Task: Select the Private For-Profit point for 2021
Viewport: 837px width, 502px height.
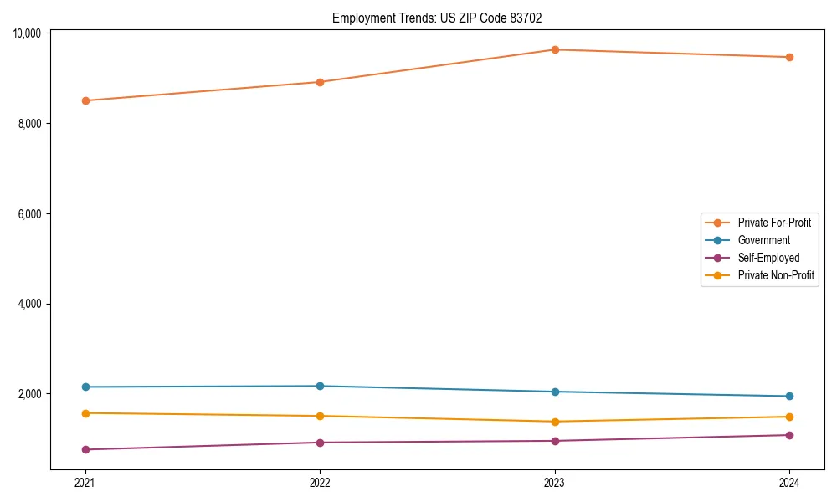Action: click(x=85, y=100)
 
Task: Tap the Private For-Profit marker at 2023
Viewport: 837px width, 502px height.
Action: click(x=554, y=49)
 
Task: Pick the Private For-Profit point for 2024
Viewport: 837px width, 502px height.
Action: click(x=789, y=57)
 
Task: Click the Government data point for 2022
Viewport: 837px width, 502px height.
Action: click(x=320, y=386)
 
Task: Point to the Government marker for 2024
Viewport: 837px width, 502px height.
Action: click(x=789, y=396)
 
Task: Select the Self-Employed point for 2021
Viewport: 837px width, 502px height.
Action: click(x=85, y=449)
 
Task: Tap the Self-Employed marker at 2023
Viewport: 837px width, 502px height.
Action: click(x=554, y=441)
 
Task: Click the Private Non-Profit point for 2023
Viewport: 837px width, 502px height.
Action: click(x=554, y=422)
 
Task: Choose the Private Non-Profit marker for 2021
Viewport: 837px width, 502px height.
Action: click(x=85, y=413)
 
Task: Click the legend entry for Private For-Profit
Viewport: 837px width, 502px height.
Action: click(x=773, y=223)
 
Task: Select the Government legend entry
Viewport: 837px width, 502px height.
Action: click(x=763, y=240)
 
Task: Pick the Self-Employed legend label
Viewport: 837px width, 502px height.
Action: click(x=768, y=258)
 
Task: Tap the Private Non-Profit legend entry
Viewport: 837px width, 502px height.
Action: click(x=776, y=275)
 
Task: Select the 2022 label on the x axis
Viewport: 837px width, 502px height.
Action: click(x=320, y=482)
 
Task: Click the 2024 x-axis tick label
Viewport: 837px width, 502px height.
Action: click(x=789, y=482)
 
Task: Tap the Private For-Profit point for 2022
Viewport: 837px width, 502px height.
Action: click(x=320, y=82)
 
